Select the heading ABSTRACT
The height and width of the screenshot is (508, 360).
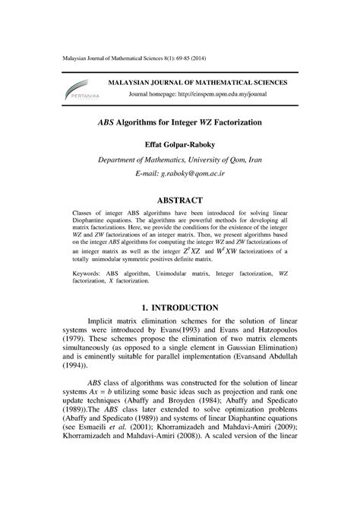pyautogui.click(x=179, y=200)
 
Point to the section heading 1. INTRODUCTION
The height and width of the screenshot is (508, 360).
pyautogui.click(x=179, y=308)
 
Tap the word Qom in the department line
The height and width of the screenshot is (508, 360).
pyautogui.click(x=262, y=161)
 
